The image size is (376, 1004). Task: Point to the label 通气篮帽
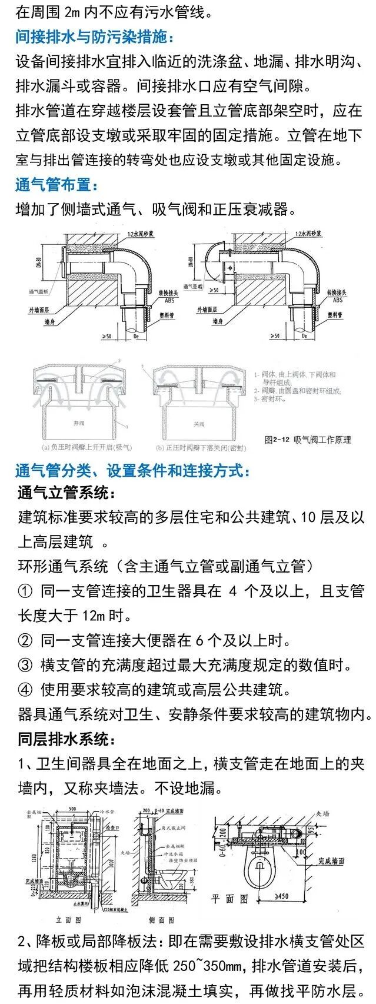pyautogui.click(x=193, y=287)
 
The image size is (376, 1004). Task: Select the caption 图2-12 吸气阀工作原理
pyautogui.click(x=308, y=440)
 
